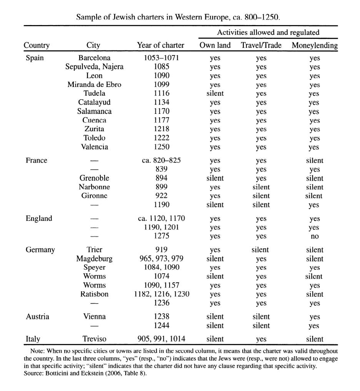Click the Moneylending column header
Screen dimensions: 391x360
[x=314, y=45]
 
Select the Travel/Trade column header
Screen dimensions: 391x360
[x=261, y=45]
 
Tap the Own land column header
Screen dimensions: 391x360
[x=215, y=45]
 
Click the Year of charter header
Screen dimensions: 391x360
[x=160, y=45]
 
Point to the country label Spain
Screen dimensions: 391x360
[x=35, y=58]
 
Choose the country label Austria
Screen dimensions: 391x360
[x=37, y=317]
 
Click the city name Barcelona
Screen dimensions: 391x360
[x=94, y=58]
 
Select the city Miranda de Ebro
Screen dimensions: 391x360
[x=94, y=85]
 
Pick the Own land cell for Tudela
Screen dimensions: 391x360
[x=215, y=94]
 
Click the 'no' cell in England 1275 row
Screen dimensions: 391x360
[x=314, y=236]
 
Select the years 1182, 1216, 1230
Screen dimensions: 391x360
[x=161, y=294]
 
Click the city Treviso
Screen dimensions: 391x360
[x=94, y=339]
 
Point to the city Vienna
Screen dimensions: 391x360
[x=94, y=317]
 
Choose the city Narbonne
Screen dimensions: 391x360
[x=94, y=187]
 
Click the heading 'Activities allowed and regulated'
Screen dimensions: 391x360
[x=268, y=32]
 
